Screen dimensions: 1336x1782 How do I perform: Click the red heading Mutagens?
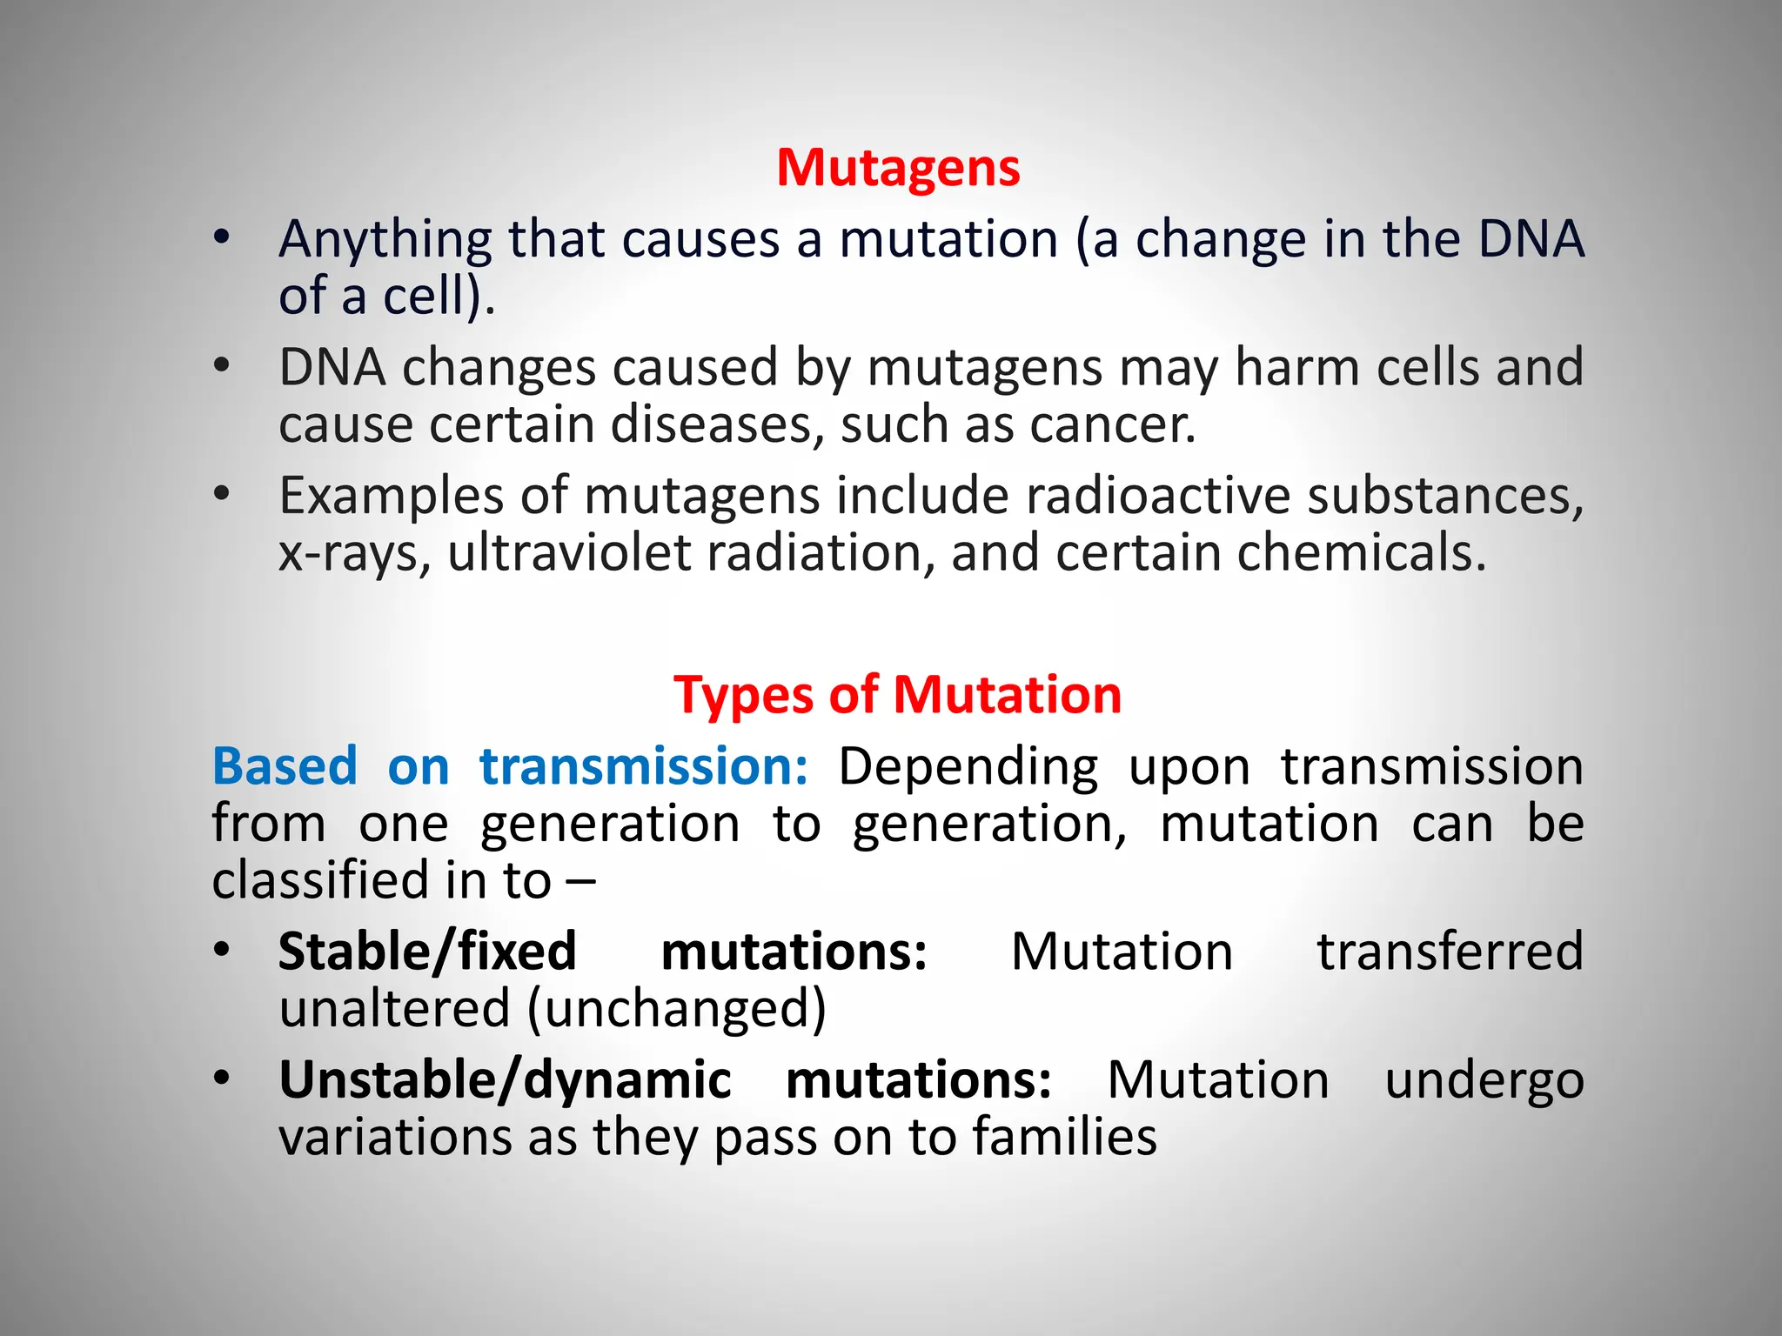coord(897,167)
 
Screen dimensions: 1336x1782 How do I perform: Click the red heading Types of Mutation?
coord(897,695)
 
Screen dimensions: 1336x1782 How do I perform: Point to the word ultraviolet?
coord(569,552)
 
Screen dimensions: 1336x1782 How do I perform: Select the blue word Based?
coord(285,766)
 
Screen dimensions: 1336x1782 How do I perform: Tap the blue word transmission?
coord(644,766)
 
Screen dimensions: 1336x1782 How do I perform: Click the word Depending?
coord(968,768)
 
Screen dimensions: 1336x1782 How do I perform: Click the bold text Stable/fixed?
coord(427,951)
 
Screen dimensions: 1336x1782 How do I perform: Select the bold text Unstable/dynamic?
coord(505,1080)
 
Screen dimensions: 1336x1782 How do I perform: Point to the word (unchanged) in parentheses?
coord(676,1009)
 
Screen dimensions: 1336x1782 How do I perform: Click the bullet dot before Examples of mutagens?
coord(222,494)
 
